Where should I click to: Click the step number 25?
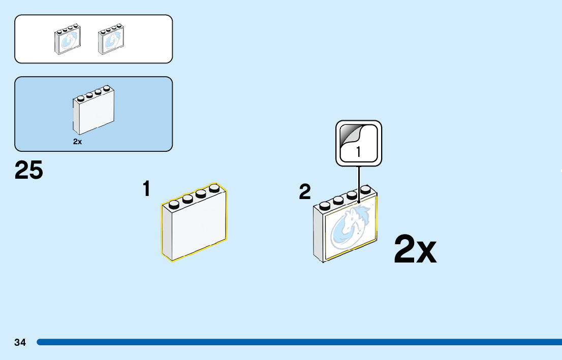click(x=29, y=171)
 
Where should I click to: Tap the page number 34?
click(x=20, y=342)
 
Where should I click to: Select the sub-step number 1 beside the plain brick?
click(x=146, y=189)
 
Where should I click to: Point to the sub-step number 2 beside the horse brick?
click(x=305, y=192)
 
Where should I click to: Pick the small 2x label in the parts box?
click(x=77, y=142)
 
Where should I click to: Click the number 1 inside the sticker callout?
click(x=358, y=151)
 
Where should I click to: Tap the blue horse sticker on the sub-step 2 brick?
click(x=351, y=228)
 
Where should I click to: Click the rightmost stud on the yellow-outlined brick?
click(x=214, y=188)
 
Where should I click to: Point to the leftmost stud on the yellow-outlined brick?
click(x=174, y=204)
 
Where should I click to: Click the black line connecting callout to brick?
click(x=359, y=183)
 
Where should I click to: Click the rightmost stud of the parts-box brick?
click(x=107, y=89)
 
